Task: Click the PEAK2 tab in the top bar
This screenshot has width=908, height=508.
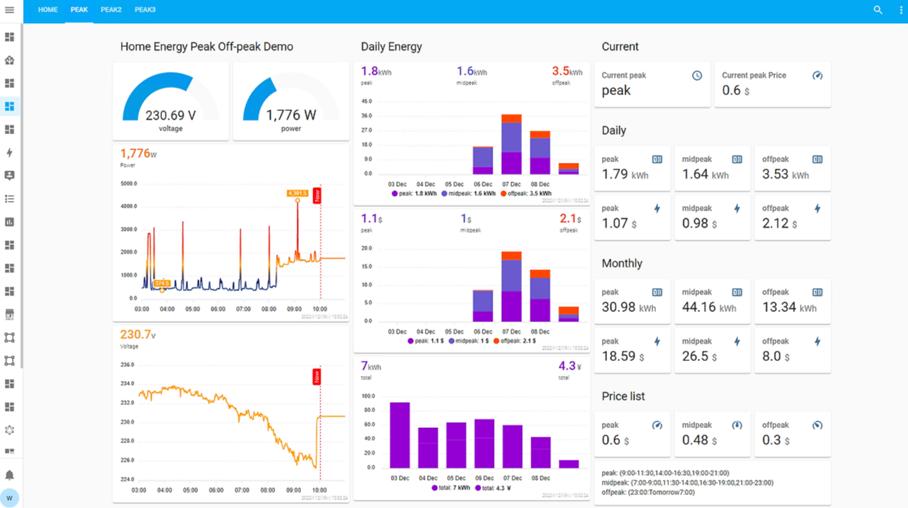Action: [x=111, y=10]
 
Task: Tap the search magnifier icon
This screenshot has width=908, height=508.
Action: [x=878, y=10]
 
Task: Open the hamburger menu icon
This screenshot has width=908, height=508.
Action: [x=9, y=10]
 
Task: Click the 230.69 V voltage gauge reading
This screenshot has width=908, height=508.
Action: [x=171, y=115]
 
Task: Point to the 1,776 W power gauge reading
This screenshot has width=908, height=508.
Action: [x=291, y=115]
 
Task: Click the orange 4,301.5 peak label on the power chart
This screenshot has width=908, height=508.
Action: [x=297, y=193]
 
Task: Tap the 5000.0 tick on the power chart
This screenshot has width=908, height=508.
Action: [x=128, y=184]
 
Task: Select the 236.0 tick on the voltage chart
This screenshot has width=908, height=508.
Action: [x=128, y=365]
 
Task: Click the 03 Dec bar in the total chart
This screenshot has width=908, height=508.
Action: [x=400, y=435]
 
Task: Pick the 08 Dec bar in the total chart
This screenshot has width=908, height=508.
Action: [x=541, y=453]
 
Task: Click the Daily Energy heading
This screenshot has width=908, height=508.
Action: [x=391, y=47]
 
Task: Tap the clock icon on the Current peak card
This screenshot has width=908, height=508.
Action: [x=697, y=76]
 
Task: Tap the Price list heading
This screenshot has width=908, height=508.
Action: [x=623, y=396]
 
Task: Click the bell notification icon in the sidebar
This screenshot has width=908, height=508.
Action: [x=9, y=476]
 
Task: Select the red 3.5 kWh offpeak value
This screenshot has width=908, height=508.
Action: [x=567, y=71]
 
